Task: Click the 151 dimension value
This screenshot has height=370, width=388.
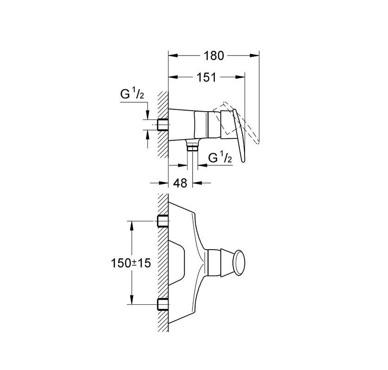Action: [206, 77]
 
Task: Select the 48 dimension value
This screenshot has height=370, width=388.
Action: [181, 183]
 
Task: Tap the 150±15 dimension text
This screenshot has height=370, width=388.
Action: [131, 263]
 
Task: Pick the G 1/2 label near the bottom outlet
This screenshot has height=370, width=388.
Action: [219, 157]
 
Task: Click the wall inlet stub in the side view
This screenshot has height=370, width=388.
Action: [163, 125]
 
